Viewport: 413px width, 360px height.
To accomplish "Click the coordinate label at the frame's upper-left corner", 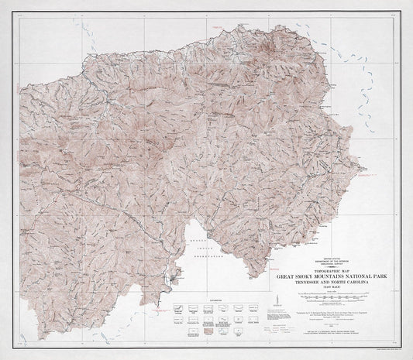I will coord(23,17).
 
